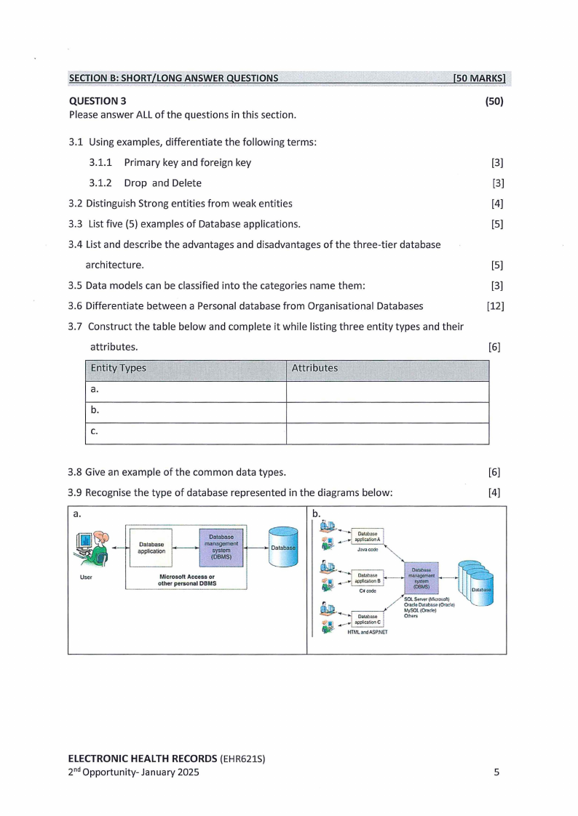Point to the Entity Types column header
118,368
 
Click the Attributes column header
314,368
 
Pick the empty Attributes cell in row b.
387,412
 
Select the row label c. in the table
94,432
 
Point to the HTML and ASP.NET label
367,633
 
